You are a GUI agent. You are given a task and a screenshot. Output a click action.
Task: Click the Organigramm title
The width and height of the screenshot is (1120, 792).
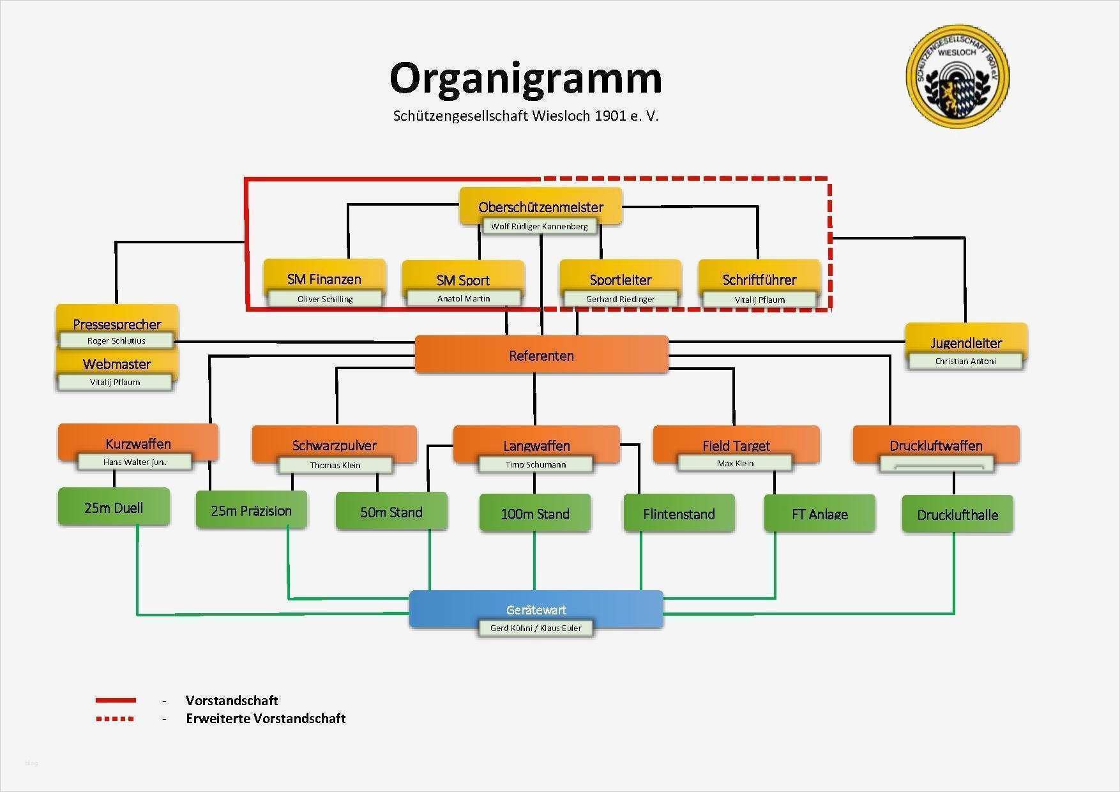point(526,79)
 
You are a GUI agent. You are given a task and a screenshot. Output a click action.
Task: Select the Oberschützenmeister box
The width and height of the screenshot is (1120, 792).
point(541,206)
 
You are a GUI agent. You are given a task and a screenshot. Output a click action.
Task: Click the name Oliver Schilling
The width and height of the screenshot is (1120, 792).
point(325,299)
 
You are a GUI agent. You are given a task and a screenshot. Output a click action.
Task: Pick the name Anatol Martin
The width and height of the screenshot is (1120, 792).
point(464,298)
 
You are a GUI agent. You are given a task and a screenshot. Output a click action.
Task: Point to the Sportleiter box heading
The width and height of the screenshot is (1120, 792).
point(621,279)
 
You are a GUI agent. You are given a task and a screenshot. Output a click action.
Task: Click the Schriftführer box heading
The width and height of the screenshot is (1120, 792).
point(759,279)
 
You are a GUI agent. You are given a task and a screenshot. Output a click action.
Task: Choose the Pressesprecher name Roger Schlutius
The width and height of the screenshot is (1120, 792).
point(116,341)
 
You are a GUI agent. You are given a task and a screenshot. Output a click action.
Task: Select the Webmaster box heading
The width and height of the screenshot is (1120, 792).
point(117,364)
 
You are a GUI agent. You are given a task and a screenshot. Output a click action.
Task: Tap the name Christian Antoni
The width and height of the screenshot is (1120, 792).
point(965,361)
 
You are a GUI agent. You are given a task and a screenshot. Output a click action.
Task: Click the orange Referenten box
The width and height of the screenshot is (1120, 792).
point(541,355)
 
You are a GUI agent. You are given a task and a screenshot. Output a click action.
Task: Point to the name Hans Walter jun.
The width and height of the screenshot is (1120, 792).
point(135,462)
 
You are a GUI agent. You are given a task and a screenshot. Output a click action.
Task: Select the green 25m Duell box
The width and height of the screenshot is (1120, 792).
point(114,508)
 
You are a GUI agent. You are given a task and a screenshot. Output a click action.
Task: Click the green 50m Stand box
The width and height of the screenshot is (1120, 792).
point(391,512)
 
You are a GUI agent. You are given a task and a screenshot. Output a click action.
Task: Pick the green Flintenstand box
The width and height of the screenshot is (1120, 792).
point(679,514)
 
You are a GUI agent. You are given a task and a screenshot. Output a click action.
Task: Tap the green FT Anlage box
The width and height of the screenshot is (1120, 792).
point(820,514)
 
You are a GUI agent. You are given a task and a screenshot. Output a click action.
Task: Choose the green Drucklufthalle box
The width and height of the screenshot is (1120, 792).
point(957,514)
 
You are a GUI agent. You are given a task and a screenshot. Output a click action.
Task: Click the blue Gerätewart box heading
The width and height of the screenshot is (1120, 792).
point(536,609)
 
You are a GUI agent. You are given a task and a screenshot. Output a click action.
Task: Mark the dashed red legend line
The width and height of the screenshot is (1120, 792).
point(115,719)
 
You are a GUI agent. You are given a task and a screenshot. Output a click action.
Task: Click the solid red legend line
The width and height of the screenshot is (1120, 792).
point(115,701)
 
